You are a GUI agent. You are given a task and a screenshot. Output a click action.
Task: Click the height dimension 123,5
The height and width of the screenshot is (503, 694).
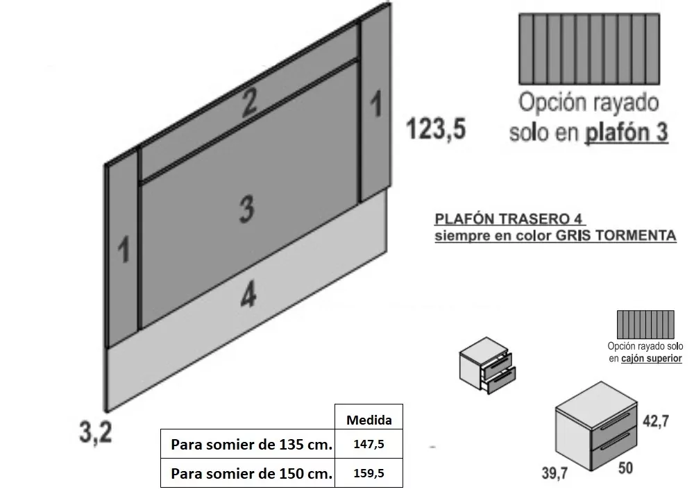[436, 129]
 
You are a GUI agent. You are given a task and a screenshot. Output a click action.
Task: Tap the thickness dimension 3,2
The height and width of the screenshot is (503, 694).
[96, 432]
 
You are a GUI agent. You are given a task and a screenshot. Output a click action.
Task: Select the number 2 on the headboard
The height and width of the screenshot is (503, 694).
[248, 103]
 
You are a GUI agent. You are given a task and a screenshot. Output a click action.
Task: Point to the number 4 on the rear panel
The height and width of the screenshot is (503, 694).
[248, 294]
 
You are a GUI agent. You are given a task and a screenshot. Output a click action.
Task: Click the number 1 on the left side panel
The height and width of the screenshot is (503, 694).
[124, 249]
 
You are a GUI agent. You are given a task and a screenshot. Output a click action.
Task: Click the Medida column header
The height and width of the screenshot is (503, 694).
[369, 419]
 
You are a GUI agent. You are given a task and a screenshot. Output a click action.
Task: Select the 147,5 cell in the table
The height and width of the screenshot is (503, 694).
[369, 444]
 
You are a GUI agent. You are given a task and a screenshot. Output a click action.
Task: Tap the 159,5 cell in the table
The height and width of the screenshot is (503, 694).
[369, 473]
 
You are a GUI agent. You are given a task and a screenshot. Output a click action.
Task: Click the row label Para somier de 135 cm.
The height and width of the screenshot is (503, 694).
[251, 444]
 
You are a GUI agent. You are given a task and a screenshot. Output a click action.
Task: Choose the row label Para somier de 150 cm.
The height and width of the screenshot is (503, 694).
[251, 473]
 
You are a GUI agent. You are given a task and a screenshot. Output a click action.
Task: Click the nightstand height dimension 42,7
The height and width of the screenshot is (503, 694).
[656, 420]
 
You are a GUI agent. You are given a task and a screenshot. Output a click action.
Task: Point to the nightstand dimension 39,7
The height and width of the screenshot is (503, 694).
[555, 473]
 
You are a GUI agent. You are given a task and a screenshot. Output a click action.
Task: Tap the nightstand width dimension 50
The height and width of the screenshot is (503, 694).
[625, 468]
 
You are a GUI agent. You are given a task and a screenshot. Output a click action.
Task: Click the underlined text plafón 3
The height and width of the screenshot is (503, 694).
[626, 133]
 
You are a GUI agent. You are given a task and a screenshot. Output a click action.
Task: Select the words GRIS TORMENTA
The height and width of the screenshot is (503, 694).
[616, 235]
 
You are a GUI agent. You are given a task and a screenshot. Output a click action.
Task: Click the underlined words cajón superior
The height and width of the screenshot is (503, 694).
[651, 358]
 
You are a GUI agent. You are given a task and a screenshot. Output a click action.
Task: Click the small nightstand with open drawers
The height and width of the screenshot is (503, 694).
[487, 366]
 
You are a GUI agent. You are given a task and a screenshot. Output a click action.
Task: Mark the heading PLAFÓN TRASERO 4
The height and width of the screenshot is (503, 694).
[508, 219]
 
